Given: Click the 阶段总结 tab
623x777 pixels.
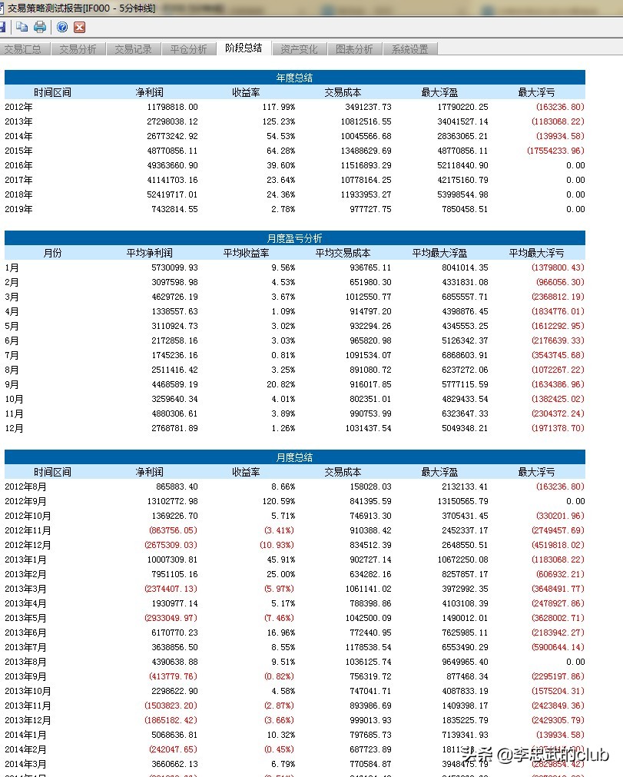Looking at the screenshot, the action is pyautogui.click(x=244, y=48).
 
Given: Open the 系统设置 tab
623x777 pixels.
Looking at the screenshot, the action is pyautogui.click(x=409, y=49).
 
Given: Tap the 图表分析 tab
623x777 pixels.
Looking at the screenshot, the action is pyautogui.click(x=354, y=49).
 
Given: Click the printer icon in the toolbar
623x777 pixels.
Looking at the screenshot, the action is pyautogui.click(x=40, y=27).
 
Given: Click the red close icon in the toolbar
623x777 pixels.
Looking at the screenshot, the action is pyautogui.click(x=79, y=27).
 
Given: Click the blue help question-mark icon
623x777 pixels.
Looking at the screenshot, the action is pyautogui.click(x=62, y=27).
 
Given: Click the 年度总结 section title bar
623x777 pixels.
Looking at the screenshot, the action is pyautogui.click(x=294, y=78).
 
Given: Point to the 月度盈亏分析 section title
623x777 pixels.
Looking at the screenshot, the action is pyautogui.click(x=294, y=238).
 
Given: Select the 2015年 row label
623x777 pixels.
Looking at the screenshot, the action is pyautogui.click(x=18, y=151).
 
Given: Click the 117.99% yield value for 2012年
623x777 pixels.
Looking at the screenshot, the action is pyautogui.click(x=278, y=107).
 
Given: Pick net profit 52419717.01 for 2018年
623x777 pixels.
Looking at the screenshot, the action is pyautogui.click(x=166, y=194).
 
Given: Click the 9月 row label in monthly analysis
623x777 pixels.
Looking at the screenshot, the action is pyautogui.click(x=13, y=384).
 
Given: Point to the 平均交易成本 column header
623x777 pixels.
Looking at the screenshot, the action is pyautogui.click(x=343, y=253).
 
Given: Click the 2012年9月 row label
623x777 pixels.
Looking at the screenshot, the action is pyautogui.click(x=25, y=501).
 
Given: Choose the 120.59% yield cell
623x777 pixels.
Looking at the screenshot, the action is pyautogui.click(x=278, y=501).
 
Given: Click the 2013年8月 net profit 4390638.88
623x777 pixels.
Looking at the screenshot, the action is pyautogui.click(x=168, y=662).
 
